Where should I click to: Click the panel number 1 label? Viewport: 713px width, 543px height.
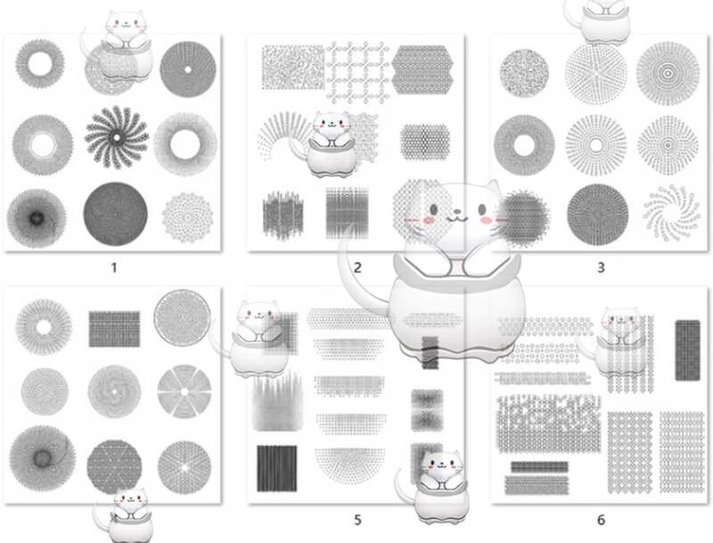point(113,266)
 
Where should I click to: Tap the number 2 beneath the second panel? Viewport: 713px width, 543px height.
point(356,266)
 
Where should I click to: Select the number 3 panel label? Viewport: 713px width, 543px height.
point(601,266)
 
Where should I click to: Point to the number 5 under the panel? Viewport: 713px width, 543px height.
point(356,519)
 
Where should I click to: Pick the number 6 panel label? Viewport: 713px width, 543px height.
point(601,519)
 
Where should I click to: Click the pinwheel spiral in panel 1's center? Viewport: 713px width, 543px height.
point(117,139)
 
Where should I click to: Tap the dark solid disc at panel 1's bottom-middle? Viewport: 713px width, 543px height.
point(116,214)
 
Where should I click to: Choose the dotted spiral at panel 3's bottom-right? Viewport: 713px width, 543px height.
point(668,212)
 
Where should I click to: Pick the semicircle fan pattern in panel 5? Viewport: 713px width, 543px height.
point(349,464)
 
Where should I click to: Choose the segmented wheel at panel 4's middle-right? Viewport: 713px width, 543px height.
point(182,390)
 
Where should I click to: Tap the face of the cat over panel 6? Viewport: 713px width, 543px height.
point(619,323)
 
